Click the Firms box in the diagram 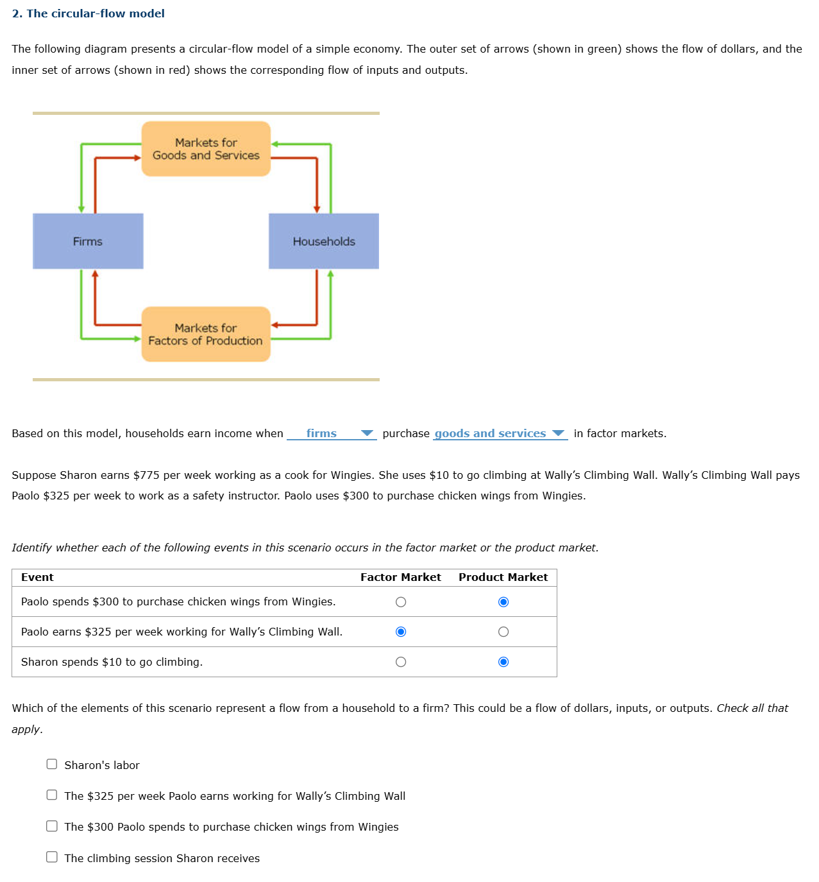click(x=88, y=241)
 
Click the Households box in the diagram click(x=324, y=241)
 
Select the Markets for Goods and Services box click(x=206, y=149)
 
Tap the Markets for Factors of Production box click(x=206, y=334)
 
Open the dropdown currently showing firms click(x=332, y=434)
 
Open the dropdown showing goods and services click(x=500, y=434)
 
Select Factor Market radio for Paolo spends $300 click(x=401, y=602)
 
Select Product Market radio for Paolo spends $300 click(x=503, y=602)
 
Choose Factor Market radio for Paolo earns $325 click(x=401, y=632)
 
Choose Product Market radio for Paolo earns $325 click(x=503, y=632)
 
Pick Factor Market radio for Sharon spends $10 click(x=401, y=662)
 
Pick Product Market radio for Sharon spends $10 click(x=503, y=662)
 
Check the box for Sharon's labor click(x=52, y=764)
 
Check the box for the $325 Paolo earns click(x=52, y=795)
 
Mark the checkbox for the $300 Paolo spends click(x=52, y=826)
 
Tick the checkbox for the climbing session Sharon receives click(x=52, y=857)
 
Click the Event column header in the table click(x=37, y=578)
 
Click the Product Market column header click(x=503, y=578)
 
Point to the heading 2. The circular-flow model click(x=89, y=13)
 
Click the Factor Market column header click(x=400, y=578)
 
